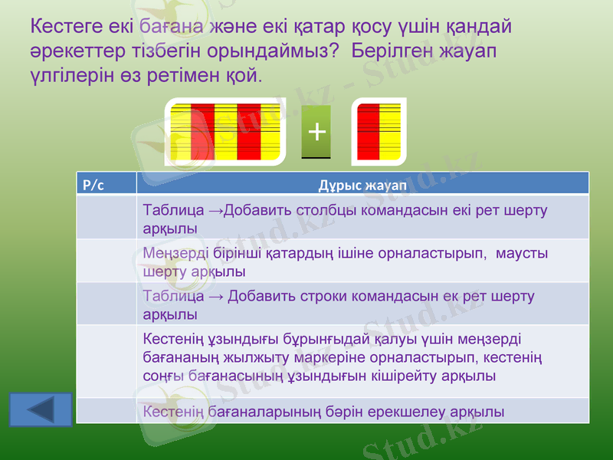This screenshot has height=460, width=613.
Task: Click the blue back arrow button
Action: (x=41, y=409)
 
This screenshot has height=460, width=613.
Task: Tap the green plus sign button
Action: (x=316, y=131)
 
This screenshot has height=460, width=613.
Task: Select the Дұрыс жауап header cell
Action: (x=362, y=184)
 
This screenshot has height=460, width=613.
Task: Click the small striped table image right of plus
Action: (x=379, y=131)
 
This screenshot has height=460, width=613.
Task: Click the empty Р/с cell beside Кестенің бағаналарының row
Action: (x=107, y=411)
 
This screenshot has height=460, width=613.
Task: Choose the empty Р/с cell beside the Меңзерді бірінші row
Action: (x=107, y=261)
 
